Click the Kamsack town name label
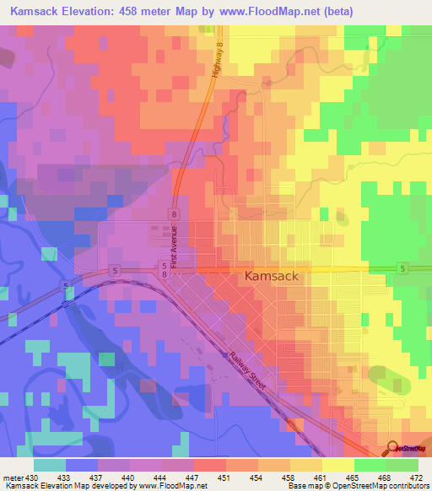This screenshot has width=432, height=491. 273,276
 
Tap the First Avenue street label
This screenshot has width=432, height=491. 175,247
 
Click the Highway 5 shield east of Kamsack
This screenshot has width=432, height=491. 404,268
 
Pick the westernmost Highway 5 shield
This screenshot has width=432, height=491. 65,288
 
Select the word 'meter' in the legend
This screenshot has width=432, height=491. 14,477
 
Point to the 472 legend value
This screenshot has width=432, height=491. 419,477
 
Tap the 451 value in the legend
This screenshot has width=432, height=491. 226,477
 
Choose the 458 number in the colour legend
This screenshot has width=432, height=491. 290,477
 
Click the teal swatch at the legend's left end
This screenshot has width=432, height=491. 50,465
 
